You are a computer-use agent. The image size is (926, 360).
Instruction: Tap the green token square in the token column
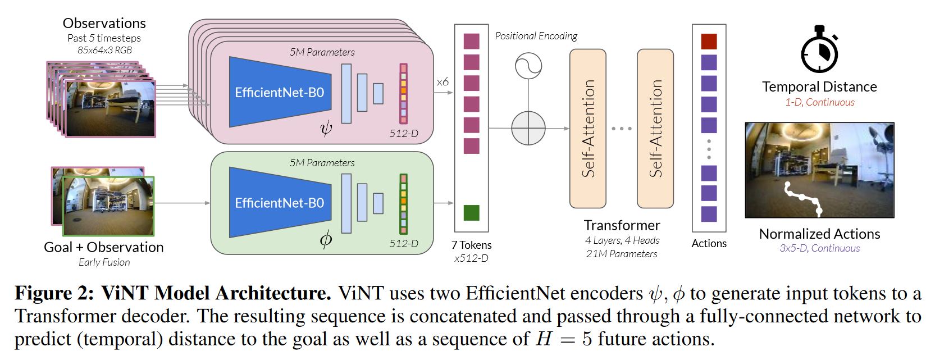[x=471, y=213]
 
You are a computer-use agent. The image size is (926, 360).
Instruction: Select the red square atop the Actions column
[x=709, y=42]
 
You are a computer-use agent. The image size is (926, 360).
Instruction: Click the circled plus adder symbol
[x=528, y=128]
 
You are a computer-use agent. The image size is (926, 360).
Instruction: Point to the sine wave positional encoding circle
[x=528, y=66]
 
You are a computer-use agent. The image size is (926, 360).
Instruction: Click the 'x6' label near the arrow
[x=443, y=82]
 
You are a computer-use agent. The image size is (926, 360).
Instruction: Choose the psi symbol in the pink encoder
[x=326, y=129]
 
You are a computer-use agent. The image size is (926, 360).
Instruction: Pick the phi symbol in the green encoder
[x=326, y=239]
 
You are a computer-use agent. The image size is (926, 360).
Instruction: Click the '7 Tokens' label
[x=471, y=245]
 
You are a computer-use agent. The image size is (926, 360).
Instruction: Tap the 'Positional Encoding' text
[x=536, y=37]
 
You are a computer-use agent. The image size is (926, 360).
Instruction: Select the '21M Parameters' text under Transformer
[x=621, y=254]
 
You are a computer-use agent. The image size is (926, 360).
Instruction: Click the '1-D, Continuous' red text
[x=820, y=102]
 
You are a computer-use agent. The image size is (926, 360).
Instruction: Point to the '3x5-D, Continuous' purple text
[x=820, y=248]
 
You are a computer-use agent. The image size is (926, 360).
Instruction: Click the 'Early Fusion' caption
[x=104, y=262]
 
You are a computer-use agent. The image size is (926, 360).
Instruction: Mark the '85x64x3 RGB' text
[x=104, y=50]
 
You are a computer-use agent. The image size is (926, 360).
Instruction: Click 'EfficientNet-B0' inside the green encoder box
[x=280, y=203]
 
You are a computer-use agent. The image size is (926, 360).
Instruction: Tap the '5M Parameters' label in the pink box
[x=322, y=52]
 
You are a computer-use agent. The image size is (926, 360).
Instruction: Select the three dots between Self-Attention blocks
[x=621, y=129]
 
